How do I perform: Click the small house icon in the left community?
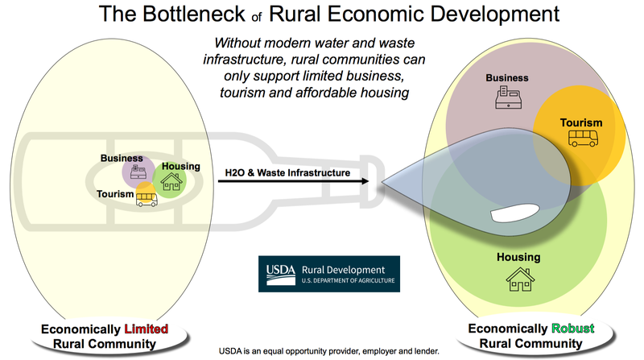(x=171, y=184)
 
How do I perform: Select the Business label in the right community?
(x=506, y=78)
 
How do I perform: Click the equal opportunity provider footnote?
(x=328, y=352)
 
